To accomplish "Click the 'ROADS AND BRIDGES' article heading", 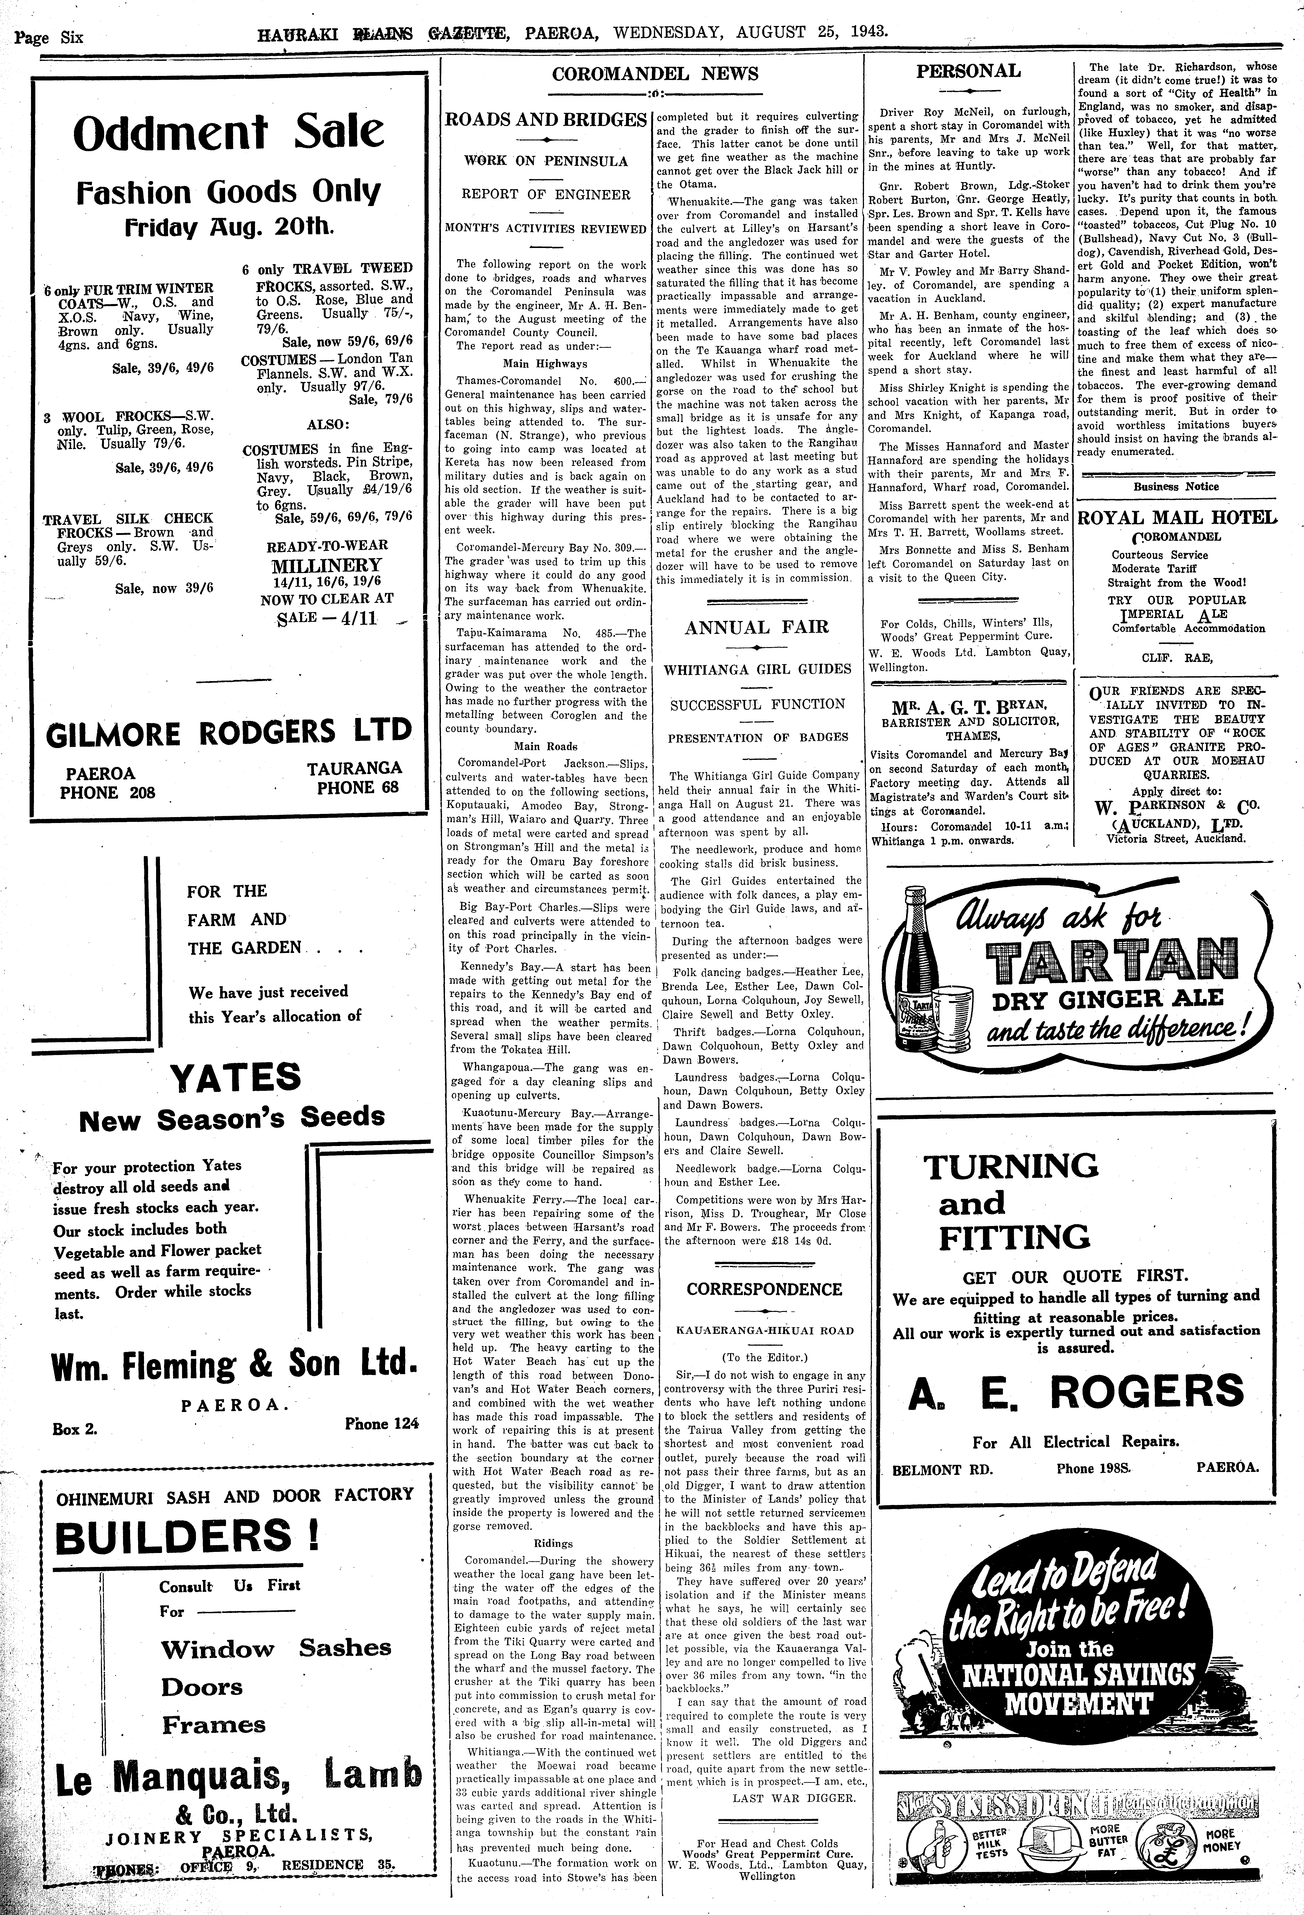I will (x=545, y=119).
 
